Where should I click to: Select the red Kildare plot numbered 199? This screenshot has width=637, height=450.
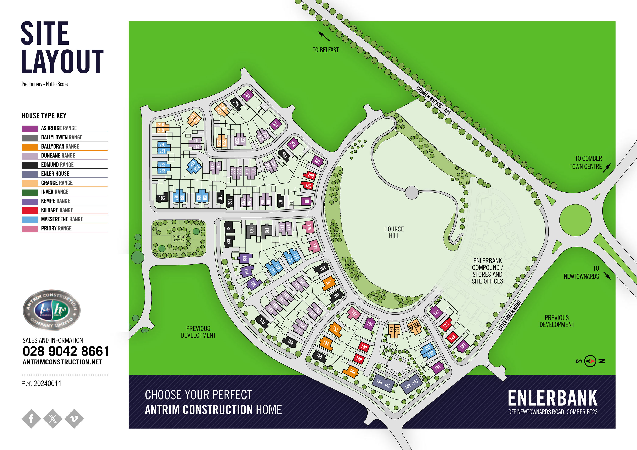[x=308, y=185]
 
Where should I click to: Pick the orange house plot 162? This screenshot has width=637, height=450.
[x=329, y=283]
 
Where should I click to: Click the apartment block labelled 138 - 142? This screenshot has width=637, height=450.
[x=383, y=384]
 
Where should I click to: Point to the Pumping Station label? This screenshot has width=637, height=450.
[x=179, y=239]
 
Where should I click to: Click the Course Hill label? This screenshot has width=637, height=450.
[x=394, y=232]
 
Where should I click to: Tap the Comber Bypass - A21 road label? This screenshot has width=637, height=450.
[x=433, y=100]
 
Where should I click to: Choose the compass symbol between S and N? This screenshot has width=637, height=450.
[x=590, y=361]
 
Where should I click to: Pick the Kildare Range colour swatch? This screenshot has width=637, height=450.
[x=30, y=210]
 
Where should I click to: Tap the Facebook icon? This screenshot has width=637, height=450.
[x=31, y=418]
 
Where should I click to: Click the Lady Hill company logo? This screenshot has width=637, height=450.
[x=52, y=310]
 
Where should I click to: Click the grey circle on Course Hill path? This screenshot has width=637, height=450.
[x=412, y=192]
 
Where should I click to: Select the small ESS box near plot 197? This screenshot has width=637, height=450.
[x=291, y=203]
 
